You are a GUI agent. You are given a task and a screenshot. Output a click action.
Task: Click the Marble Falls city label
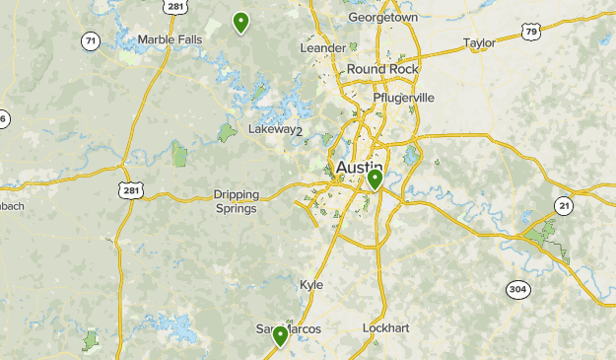point(170,39)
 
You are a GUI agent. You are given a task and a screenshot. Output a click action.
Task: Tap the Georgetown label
point(382,18)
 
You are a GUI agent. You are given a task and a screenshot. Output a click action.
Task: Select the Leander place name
point(322,47)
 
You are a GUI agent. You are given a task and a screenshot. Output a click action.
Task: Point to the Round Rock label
point(382,69)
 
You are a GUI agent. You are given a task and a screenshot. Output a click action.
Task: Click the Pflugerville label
point(403,98)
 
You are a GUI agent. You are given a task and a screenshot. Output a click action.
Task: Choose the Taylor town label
point(479,43)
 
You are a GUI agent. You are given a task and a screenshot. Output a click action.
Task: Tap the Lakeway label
point(271,129)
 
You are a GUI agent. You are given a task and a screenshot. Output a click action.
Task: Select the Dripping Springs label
point(236,201)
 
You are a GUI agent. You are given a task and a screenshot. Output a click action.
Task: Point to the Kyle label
point(311,284)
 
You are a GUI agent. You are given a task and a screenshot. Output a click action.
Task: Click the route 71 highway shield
point(91,40)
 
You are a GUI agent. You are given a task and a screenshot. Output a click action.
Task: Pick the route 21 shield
point(563,205)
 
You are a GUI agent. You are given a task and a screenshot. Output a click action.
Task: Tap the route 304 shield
point(518,289)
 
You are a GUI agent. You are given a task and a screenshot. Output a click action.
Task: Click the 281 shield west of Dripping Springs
point(130,189)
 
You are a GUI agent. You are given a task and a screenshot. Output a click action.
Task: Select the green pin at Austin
point(375,180)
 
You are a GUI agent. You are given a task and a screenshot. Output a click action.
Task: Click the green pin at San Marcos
point(280,337)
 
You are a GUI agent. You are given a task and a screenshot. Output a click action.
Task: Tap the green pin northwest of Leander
point(240,22)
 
